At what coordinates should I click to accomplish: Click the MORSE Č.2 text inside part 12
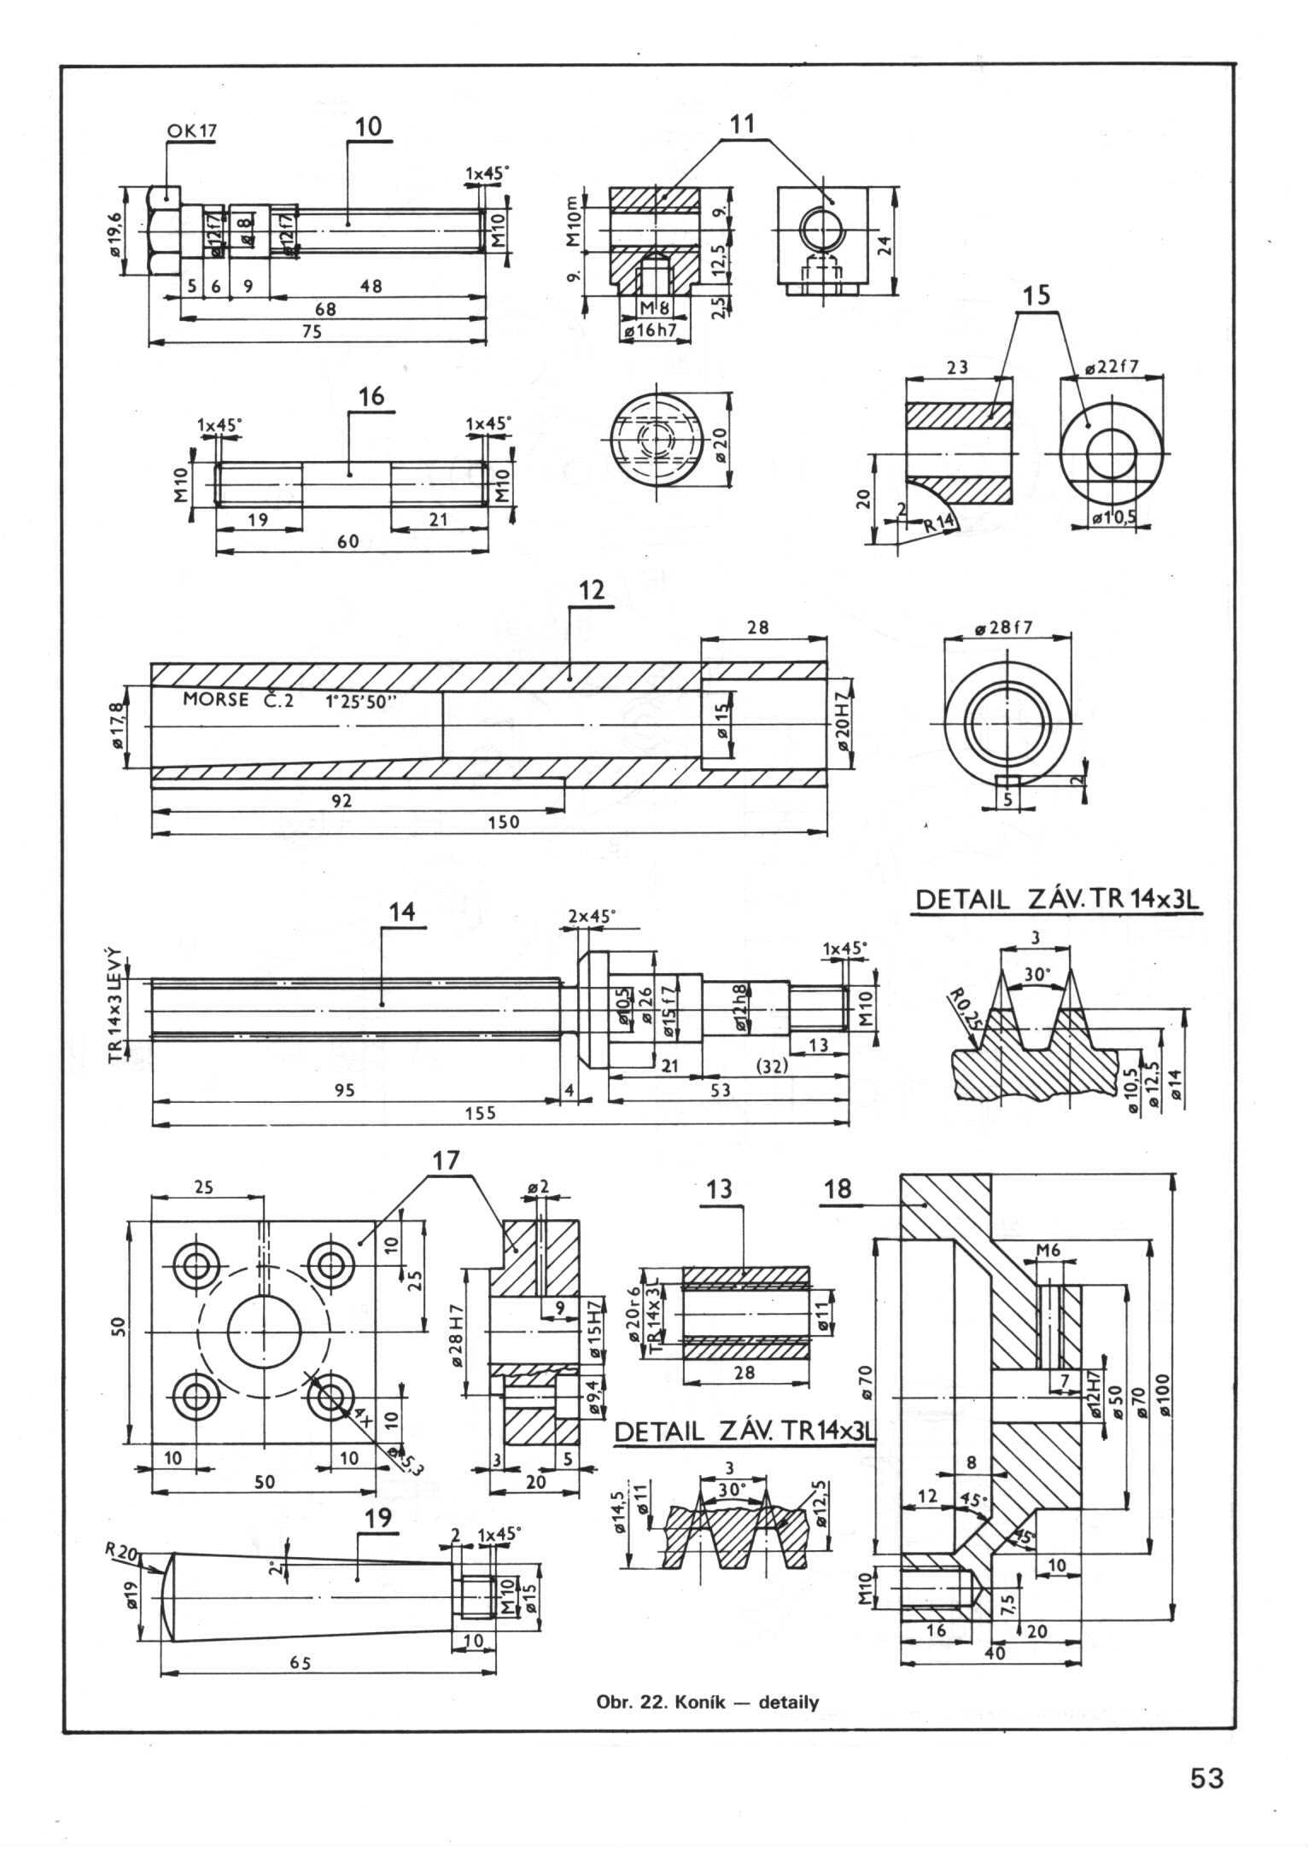pyautogui.click(x=237, y=700)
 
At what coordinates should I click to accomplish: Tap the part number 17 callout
pyautogui.click(x=446, y=1160)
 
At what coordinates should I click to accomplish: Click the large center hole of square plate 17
pyautogui.click(x=265, y=1332)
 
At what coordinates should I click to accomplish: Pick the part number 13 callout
pyautogui.click(x=720, y=1189)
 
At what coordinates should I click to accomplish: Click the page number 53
pyautogui.click(x=1207, y=1802)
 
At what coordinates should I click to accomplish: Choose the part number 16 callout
pyautogui.click(x=372, y=396)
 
